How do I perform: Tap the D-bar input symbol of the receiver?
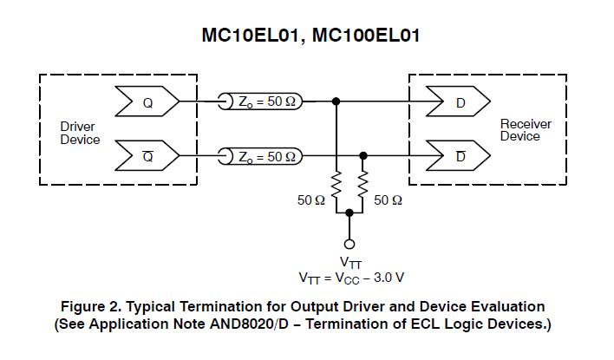(x=459, y=156)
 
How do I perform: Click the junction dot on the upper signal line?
(x=336, y=101)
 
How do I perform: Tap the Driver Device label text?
(x=78, y=134)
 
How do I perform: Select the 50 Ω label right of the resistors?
(x=388, y=200)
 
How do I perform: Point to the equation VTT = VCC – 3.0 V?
(x=350, y=278)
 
